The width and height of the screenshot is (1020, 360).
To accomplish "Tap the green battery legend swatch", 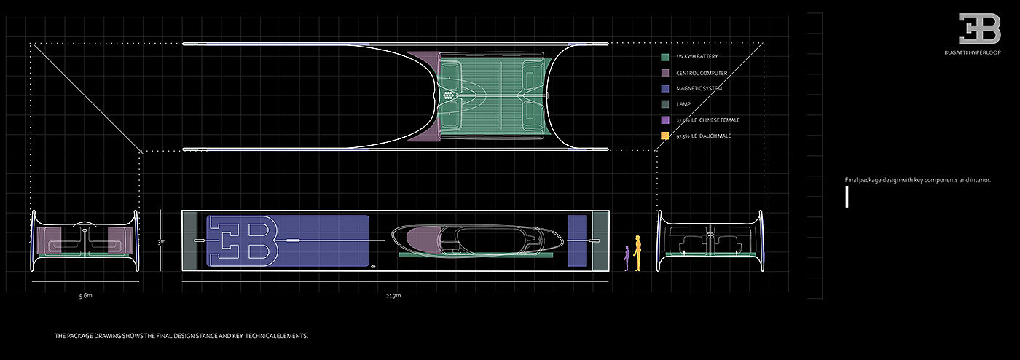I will coord(665,57).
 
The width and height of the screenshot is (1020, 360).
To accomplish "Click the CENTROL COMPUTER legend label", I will coord(702,73).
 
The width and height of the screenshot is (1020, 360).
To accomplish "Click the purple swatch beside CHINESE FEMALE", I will coord(665,120).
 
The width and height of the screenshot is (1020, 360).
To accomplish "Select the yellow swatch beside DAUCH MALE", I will coord(665,136).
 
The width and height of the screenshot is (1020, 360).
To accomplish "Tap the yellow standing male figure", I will coord(637,253).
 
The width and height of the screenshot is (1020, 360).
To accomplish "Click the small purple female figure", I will coord(627,259).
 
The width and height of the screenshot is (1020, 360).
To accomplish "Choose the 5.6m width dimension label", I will coord(86,296).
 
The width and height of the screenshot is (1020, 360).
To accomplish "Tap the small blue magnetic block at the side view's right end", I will coord(577,240).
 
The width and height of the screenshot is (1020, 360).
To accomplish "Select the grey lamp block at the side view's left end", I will coord(189,240).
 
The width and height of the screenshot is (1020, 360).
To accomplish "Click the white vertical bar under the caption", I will coord(847,197).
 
